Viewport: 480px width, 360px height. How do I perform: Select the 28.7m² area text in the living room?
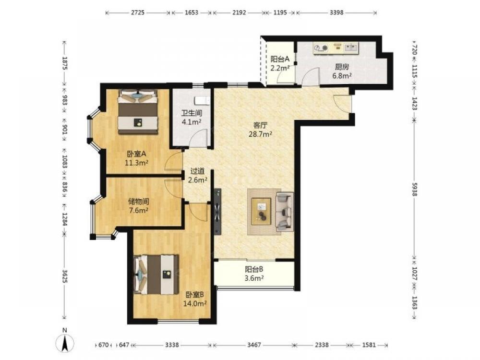pyautogui.click(x=261, y=134)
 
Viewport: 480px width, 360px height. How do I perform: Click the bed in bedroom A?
pyautogui.click(x=138, y=112)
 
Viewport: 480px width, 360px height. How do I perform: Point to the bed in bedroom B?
pyautogui.click(x=156, y=274)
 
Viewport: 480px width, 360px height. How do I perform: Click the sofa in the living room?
pyautogui.click(x=285, y=212)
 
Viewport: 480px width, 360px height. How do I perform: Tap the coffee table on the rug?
pyautogui.click(x=262, y=211)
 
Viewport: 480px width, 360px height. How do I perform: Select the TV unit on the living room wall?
pyautogui.click(x=217, y=212)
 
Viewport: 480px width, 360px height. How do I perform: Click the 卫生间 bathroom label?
pyautogui.click(x=192, y=113)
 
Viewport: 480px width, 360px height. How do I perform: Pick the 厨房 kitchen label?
pyautogui.click(x=342, y=67)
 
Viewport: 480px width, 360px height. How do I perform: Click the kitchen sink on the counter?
pyautogui.click(x=351, y=48)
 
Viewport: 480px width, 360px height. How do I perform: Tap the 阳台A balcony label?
pyautogui.click(x=280, y=59)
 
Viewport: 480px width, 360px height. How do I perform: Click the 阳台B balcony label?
pyautogui.click(x=254, y=269)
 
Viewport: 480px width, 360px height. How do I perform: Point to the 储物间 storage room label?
pyautogui.click(x=139, y=202)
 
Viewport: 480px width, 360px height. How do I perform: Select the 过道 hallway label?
pyautogui.click(x=197, y=171)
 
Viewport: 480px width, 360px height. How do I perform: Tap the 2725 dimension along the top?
pyautogui.click(x=138, y=12)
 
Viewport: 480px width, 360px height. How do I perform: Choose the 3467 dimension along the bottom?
pyautogui.click(x=254, y=345)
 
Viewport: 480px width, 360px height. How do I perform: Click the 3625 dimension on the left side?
pyautogui.click(x=65, y=276)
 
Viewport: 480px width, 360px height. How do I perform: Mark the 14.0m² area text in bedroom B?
pyautogui.click(x=195, y=303)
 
